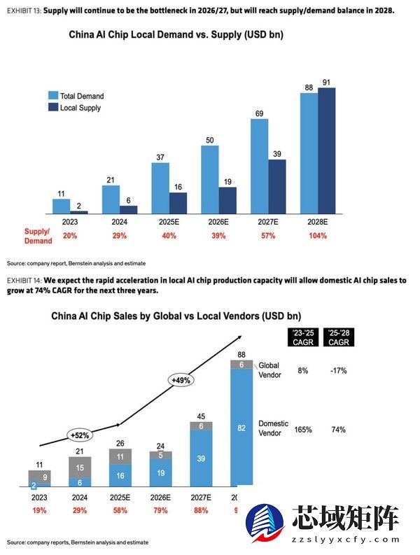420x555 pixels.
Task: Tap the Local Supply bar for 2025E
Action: pyautogui.click(x=178, y=202)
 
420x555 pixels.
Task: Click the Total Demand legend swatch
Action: pyautogui.click(x=52, y=96)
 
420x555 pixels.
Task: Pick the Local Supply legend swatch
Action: pyautogui.click(x=52, y=108)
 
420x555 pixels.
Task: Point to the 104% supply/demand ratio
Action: pyautogui.click(x=317, y=236)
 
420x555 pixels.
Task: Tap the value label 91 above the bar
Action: pyautogui.click(x=326, y=82)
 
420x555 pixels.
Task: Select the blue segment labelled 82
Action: pyautogui.click(x=241, y=426)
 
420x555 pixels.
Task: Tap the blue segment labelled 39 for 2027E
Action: pyautogui.click(x=202, y=458)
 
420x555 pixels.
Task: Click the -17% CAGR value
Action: pyautogui.click(x=338, y=370)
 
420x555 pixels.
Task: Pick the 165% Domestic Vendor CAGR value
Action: pyautogui.click(x=302, y=429)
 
